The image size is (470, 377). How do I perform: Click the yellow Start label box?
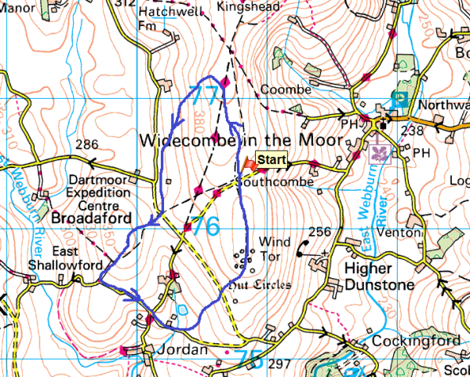(x=271, y=161)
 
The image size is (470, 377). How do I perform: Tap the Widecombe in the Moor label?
(x=242, y=141)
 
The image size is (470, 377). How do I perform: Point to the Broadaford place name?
(x=83, y=221)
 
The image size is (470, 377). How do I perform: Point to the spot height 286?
(x=87, y=145)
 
